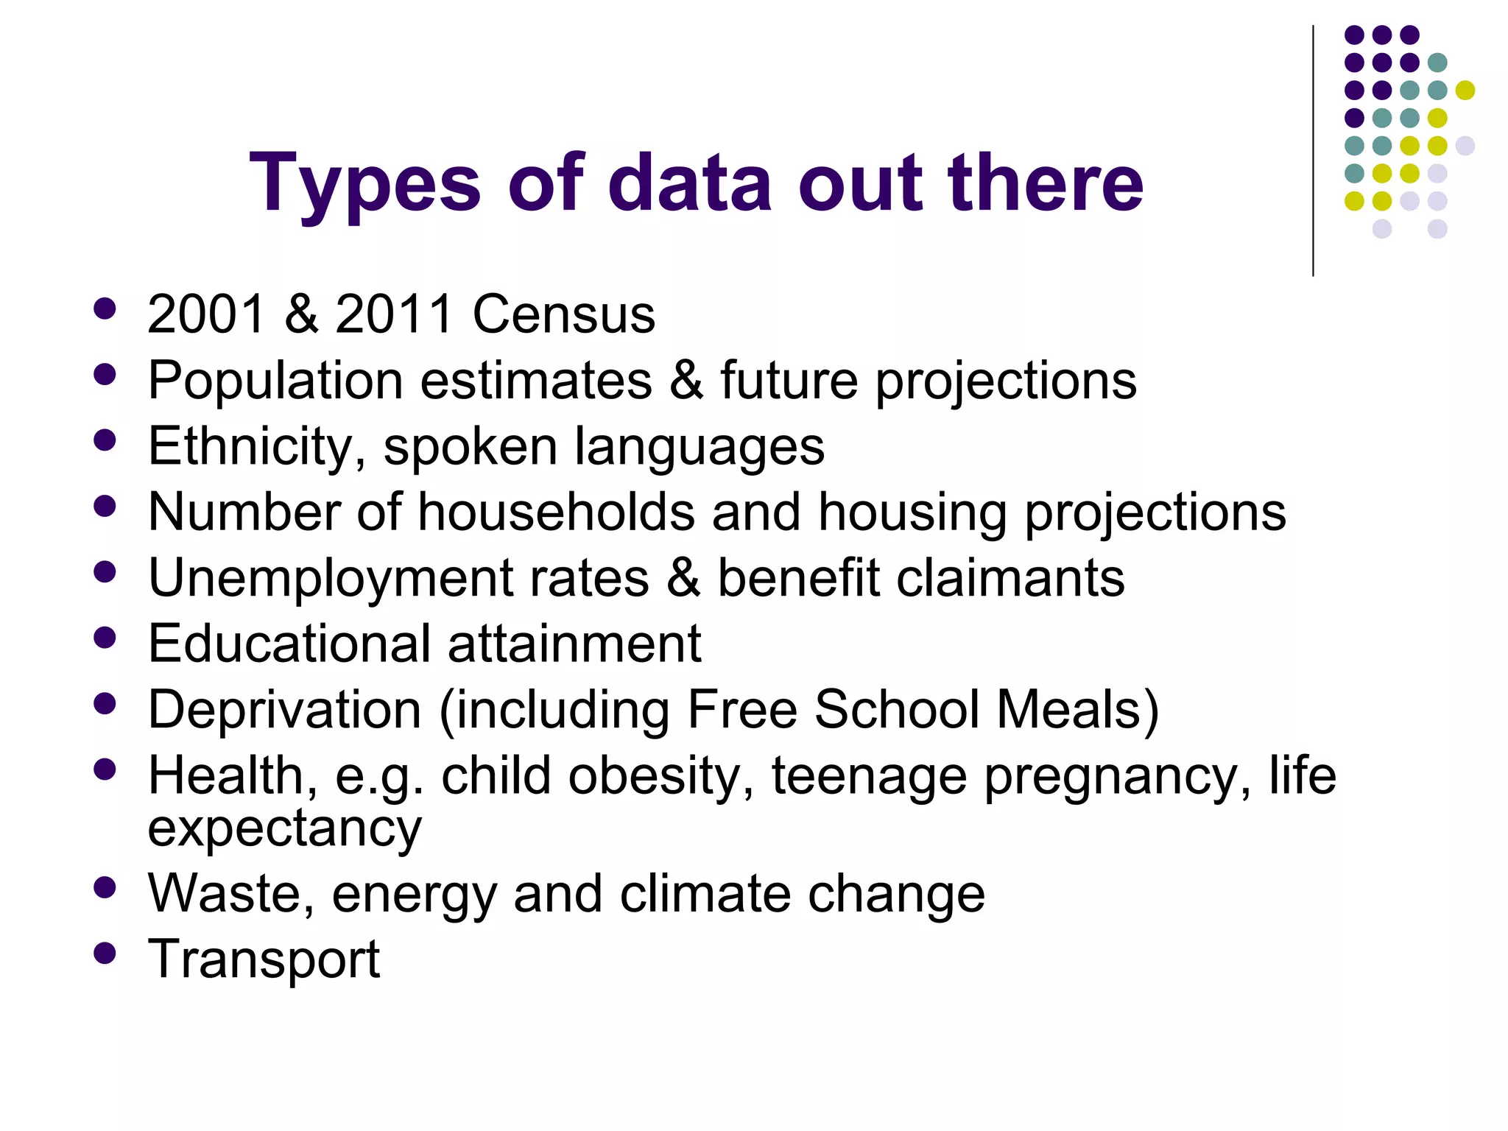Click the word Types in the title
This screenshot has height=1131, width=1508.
coord(365,184)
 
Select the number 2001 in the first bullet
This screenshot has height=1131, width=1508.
coord(206,314)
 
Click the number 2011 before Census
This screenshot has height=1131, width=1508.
coord(394,314)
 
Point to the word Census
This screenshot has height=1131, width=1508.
coord(563,314)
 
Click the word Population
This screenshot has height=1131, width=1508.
coord(275,381)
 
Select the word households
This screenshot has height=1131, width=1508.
coord(556,512)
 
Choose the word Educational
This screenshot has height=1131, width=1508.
coord(289,644)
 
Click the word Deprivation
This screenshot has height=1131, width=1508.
coord(285,710)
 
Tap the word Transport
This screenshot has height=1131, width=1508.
coord(264,959)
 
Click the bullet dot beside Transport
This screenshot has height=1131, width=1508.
coord(105,953)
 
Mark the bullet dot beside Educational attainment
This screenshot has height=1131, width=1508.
coord(105,637)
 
